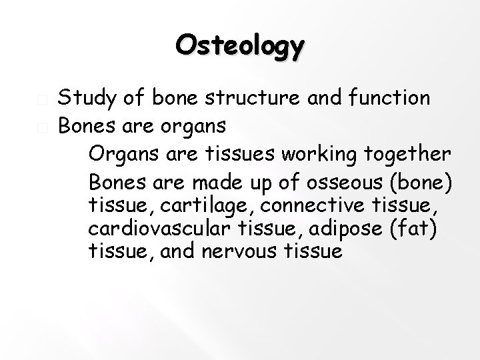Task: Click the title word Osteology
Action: click(241, 47)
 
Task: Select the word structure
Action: click(235, 99)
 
